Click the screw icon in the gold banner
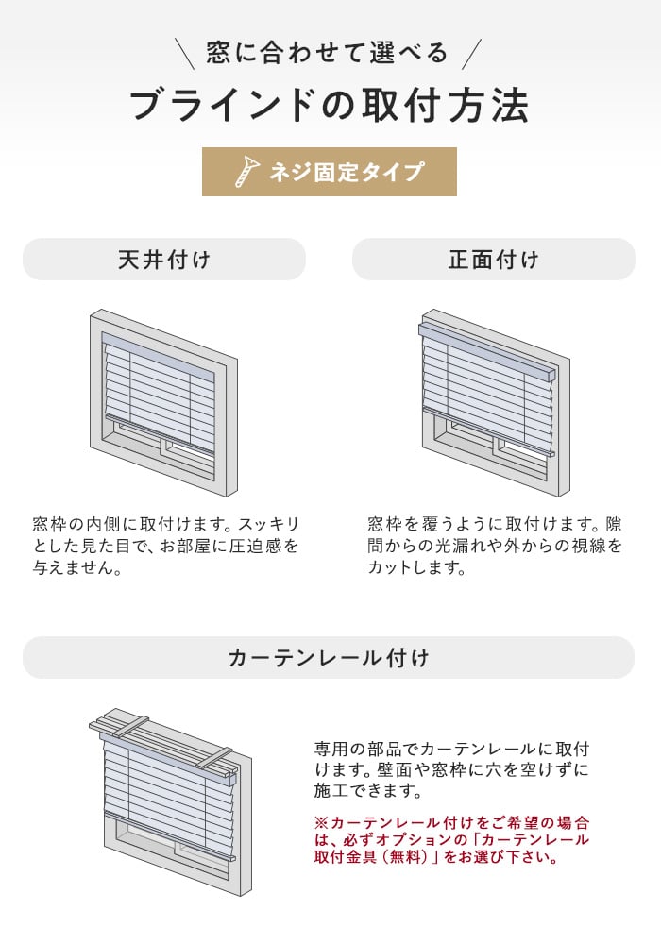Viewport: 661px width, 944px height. (x=246, y=172)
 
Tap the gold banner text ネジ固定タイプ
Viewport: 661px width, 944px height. (x=347, y=172)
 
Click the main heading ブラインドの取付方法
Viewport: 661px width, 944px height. (x=330, y=106)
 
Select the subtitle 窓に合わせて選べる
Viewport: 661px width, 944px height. (x=328, y=53)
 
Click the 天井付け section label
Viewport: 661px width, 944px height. (x=164, y=260)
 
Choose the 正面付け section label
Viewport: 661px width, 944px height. (x=494, y=260)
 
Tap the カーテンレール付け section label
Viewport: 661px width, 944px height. (x=329, y=657)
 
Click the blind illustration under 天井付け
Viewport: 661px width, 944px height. (x=163, y=403)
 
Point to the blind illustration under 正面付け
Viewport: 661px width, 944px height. (x=495, y=403)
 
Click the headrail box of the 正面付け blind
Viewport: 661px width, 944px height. (x=486, y=350)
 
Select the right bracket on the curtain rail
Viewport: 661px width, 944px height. (x=213, y=757)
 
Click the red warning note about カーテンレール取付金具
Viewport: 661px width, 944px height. (x=451, y=839)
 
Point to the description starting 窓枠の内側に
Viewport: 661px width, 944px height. (x=166, y=546)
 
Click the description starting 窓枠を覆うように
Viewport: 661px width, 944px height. (x=495, y=546)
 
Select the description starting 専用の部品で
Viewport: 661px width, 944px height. (x=451, y=769)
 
